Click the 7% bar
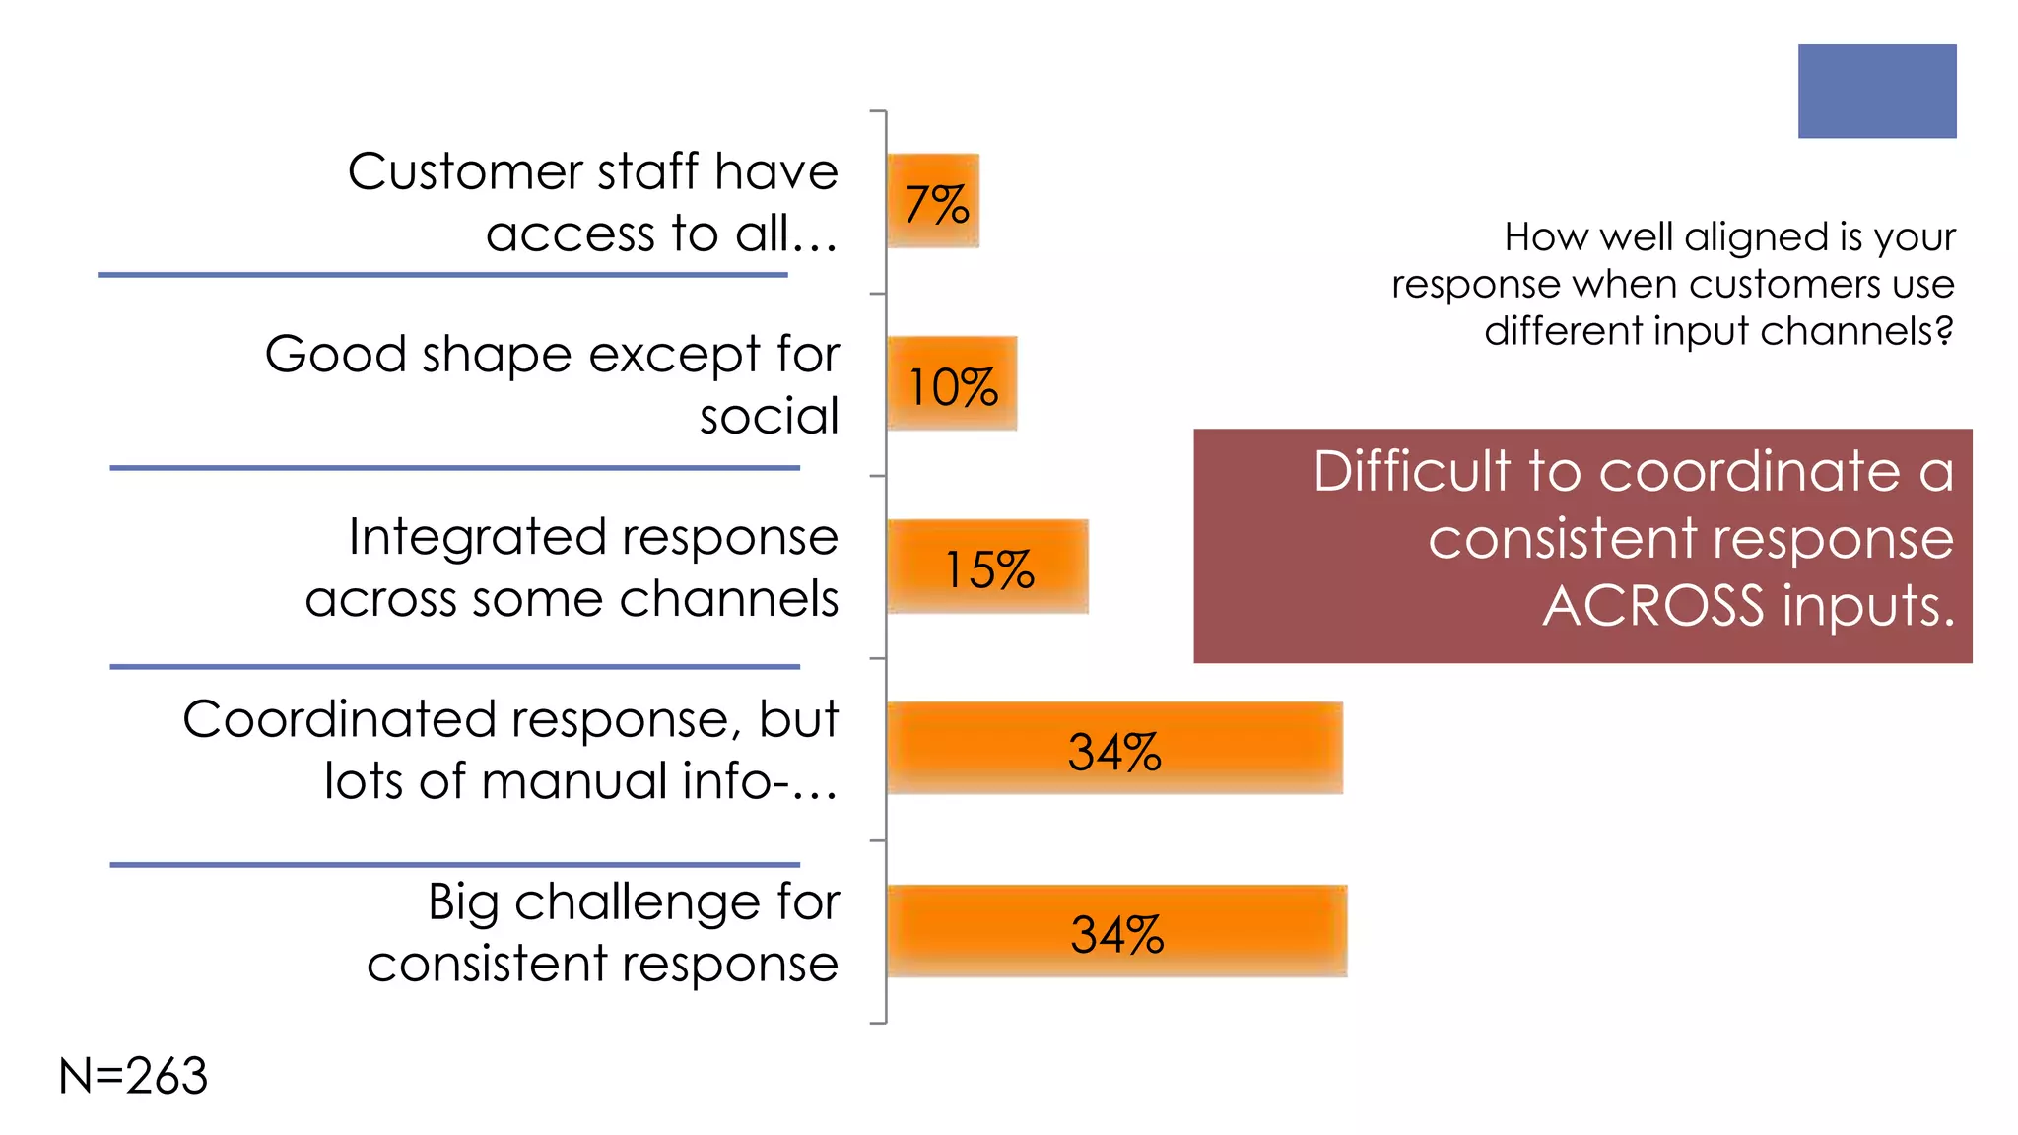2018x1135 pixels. point(932,201)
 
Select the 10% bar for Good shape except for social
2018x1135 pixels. point(951,383)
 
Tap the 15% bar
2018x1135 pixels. point(987,567)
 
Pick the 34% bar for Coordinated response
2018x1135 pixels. point(1114,749)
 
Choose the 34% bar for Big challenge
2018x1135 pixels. point(1116,931)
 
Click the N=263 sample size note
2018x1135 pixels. point(133,1076)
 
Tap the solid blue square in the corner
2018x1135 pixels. point(1876,91)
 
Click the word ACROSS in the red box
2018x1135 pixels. point(1652,605)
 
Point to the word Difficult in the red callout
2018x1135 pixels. point(1411,471)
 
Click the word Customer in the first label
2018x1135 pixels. point(465,172)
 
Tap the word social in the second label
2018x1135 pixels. point(769,416)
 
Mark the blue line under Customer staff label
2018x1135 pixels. point(442,275)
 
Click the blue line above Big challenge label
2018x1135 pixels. point(454,865)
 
